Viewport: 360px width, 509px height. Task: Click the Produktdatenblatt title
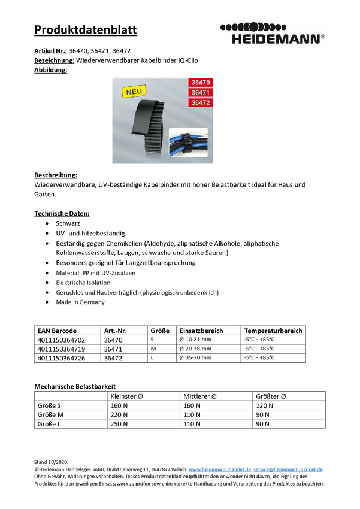tap(85, 30)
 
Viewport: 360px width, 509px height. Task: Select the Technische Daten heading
tap(62, 213)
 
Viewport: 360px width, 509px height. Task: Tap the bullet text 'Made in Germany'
tap(80, 302)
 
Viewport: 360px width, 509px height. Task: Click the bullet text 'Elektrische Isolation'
tap(83, 283)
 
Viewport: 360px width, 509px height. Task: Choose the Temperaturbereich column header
tap(273, 331)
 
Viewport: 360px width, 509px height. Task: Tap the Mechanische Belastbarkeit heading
tap(75, 387)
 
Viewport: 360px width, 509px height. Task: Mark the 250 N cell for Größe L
tap(119, 424)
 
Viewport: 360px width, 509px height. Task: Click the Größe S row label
tap(50, 405)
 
